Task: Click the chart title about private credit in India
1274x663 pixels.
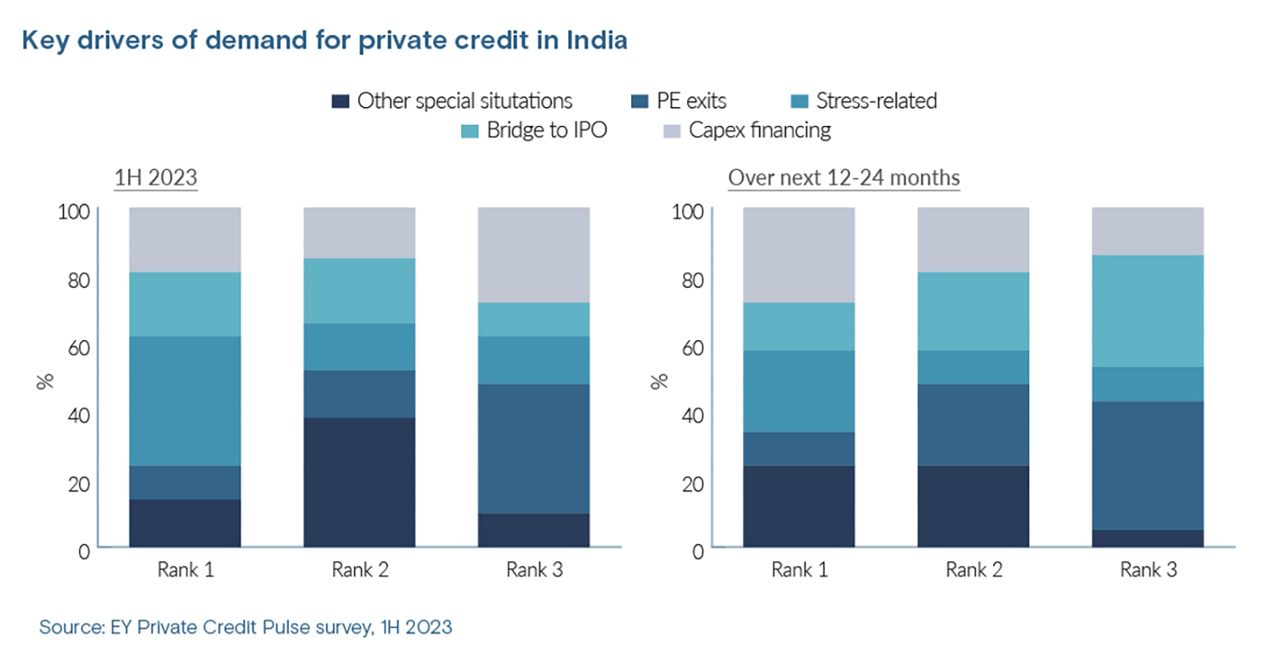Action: pos(324,41)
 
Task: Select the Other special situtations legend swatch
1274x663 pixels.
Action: pos(340,102)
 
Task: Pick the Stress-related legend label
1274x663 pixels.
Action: pos(876,101)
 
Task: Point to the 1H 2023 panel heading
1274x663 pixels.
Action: pos(156,179)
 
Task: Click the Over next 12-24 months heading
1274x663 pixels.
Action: pos(843,179)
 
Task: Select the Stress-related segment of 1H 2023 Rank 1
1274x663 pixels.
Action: pos(185,401)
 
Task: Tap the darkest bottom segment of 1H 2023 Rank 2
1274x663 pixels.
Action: pos(359,482)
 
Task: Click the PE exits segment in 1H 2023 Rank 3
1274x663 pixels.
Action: pos(533,449)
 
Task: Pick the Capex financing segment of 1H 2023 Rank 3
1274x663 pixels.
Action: pos(533,255)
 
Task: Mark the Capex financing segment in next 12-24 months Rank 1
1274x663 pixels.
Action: pos(798,255)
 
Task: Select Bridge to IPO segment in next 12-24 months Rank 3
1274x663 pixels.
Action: pos(1147,311)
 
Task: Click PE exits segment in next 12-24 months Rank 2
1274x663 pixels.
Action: pos(973,425)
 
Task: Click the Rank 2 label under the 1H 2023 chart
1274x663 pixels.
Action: pos(359,570)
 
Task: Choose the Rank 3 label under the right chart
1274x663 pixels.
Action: pos(1147,570)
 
